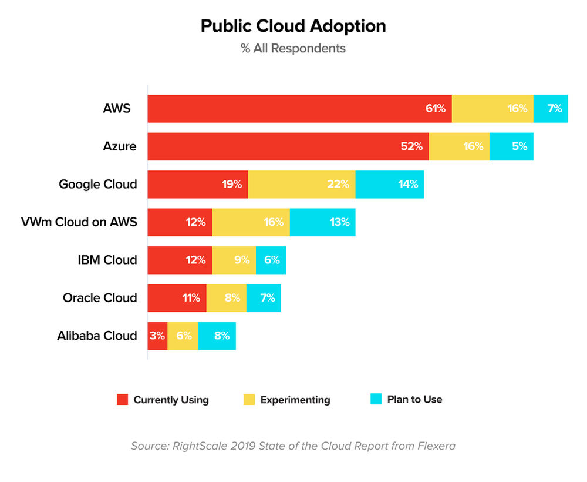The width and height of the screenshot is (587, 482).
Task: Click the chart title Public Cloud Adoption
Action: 293,26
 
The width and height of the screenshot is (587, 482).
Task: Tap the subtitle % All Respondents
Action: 293,48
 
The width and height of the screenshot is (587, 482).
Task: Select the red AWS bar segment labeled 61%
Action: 299,109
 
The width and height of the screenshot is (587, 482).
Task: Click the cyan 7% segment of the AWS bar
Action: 551,109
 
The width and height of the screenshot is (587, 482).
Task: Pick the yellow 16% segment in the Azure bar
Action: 459,146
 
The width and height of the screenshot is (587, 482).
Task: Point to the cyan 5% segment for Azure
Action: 511,146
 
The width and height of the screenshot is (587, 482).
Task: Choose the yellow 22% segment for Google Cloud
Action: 302,184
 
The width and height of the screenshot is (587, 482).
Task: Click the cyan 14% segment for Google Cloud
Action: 390,184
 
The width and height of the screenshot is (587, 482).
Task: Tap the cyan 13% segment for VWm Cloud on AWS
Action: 322,222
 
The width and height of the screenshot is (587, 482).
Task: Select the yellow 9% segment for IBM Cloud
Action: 234,260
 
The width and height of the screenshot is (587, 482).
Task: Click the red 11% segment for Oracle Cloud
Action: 177,297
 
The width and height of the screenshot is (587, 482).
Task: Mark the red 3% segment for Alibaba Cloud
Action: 157,336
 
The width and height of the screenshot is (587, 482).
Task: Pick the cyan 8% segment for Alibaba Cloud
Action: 217,336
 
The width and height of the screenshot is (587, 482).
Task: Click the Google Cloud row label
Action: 97,184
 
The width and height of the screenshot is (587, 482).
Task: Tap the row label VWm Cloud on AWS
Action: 79,222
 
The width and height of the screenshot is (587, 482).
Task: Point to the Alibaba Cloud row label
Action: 97,336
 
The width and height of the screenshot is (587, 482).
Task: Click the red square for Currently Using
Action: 122,400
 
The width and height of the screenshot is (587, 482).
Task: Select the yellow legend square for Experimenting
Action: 249,400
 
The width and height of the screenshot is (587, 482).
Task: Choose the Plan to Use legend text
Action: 414,400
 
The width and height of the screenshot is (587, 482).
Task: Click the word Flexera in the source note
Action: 435,446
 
